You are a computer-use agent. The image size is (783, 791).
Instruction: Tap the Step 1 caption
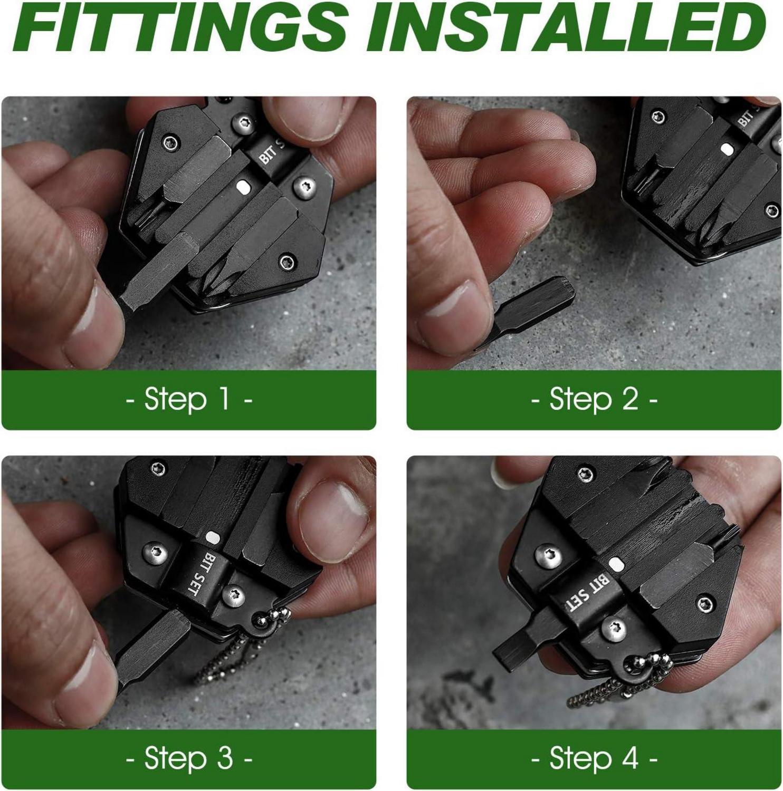click(x=188, y=399)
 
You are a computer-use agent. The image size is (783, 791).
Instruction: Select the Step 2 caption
click(x=594, y=399)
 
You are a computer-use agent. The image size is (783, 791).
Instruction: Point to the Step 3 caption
click(x=188, y=759)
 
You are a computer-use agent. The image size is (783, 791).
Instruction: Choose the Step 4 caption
click(x=594, y=759)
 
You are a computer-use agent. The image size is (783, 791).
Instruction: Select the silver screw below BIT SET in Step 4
click(x=613, y=629)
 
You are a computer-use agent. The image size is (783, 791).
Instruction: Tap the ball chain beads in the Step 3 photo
click(x=243, y=649)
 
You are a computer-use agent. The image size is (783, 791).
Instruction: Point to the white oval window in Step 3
click(x=212, y=537)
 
